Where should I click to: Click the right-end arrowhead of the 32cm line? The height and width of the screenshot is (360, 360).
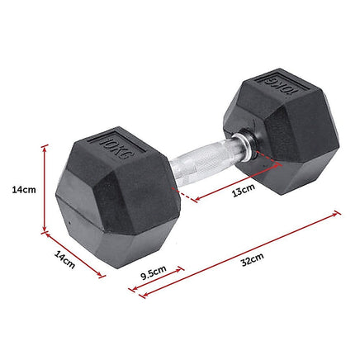click(337, 213)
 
